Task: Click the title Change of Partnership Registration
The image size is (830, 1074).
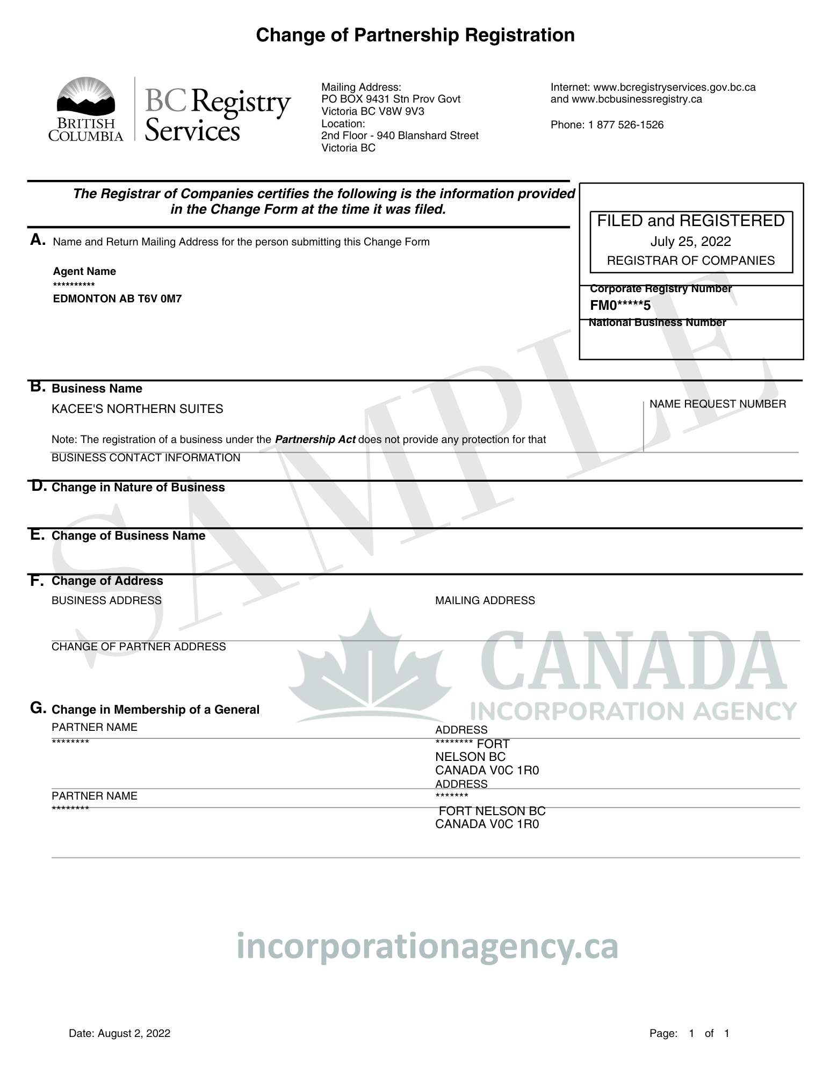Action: pyautogui.click(x=415, y=35)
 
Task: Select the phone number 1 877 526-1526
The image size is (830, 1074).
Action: pyautogui.click(x=626, y=125)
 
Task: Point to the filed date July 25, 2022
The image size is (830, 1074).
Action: pyautogui.click(x=690, y=241)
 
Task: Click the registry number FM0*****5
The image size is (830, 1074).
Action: pyautogui.click(x=620, y=306)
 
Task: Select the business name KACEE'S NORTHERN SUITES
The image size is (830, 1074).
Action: pyautogui.click(x=137, y=409)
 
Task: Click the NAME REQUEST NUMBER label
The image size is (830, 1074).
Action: pyautogui.click(x=717, y=404)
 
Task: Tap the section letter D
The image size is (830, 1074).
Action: pyautogui.click(x=38, y=487)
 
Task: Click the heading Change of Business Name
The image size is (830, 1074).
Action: pyautogui.click(x=128, y=536)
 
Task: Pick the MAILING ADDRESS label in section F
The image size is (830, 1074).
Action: pyautogui.click(x=485, y=600)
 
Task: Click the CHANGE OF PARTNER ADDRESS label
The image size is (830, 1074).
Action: pyautogui.click(x=139, y=647)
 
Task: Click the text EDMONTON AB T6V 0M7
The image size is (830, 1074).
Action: pyautogui.click(x=117, y=299)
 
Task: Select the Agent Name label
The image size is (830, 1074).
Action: pyautogui.click(x=84, y=272)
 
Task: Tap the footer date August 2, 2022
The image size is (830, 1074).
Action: pyautogui.click(x=134, y=1034)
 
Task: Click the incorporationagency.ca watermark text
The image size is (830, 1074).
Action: pyautogui.click(x=427, y=947)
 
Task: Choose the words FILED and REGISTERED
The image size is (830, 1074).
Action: pyautogui.click(x=690, y=221)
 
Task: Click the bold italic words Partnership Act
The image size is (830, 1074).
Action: pyautogui.click(x=315, y=440)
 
